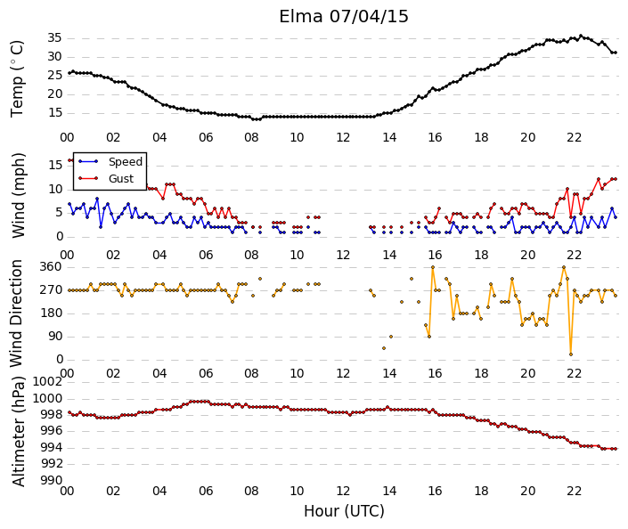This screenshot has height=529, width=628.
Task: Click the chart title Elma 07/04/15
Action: pyautogui.click(x=344, y=17)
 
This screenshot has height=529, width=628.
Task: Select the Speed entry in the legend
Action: pyautogui.click(x=126, y=162)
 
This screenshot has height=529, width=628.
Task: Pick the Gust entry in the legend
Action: pyautogui.click(x=121, y=179)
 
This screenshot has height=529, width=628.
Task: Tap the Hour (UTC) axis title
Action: pyautogui.click(x=344, y=511)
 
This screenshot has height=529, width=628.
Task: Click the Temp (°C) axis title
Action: pyautogui.click(x=17, y=79)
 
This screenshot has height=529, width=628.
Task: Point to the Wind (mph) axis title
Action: pyautogui.click(x=18, y=195)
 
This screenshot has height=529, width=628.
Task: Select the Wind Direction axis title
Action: pyautogui.click(x=16, y=313)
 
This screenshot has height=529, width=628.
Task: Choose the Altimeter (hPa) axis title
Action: pyautogui.click(x=18, y=431)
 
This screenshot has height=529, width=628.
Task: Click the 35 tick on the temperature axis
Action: pyautogui.click(x=55, y=38)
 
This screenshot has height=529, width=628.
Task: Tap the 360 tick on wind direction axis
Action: pyautogui.click(x=51, y=267)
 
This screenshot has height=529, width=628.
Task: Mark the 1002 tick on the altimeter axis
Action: pyautogui.click(x=47, y=381)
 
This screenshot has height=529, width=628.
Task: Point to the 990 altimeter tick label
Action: pyautogui.click(x=52, y=480)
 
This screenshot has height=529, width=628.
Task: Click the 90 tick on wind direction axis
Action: pyautogui.click(x=55, y=337)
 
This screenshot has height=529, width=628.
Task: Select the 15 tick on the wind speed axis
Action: pyautogui.click(x=55, y=165)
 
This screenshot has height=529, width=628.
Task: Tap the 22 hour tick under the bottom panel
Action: pyautogui.click(x=574, y=491)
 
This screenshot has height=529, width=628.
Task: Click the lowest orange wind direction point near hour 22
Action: pyautogui.click(x=571, y=354)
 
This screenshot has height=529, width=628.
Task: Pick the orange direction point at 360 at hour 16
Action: pyautogui.click(x=433, y=267)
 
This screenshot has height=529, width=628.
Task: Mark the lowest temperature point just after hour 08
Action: pyautogui.click(x=256, y=119)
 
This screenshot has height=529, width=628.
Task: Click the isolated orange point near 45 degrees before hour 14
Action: pyautogui.click(x=384, y=348)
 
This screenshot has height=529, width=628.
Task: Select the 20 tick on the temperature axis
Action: pyautogui.click(x=55, y=94)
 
